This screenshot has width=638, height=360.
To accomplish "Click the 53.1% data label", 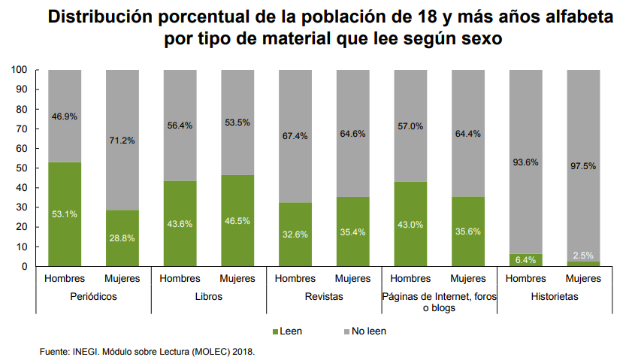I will [x=65, y=214].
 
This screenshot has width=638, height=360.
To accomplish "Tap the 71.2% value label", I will [x=122, y=140].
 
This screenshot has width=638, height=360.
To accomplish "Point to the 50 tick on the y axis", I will [x=23, y=168].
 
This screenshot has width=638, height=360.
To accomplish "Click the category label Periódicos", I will [x=93, y=297].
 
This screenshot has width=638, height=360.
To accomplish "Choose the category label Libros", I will [x=209, y=297].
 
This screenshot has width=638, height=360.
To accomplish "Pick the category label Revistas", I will [x=324, y=297].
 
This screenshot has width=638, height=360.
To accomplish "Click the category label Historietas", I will [x=555, y=297].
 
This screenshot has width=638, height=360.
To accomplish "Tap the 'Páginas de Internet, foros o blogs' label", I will [x=440, y=302].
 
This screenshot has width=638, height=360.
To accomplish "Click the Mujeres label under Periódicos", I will [x=122, y=279].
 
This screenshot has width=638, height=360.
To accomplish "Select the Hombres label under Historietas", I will [x=526, y=279].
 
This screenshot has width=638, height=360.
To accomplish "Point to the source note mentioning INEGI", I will [x=147, y=351].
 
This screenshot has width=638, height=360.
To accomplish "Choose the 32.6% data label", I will [x=295, y=234].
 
